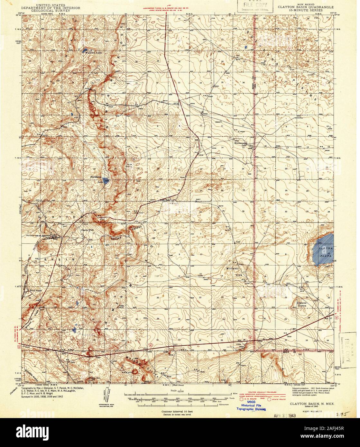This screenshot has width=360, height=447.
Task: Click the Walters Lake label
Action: pyautogui.click(x=91, y=53)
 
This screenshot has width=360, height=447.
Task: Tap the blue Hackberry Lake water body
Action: pyautogui.click(x=106, y=181)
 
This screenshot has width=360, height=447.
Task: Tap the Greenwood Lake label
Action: pyautogui.click(x=241, y=143)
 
